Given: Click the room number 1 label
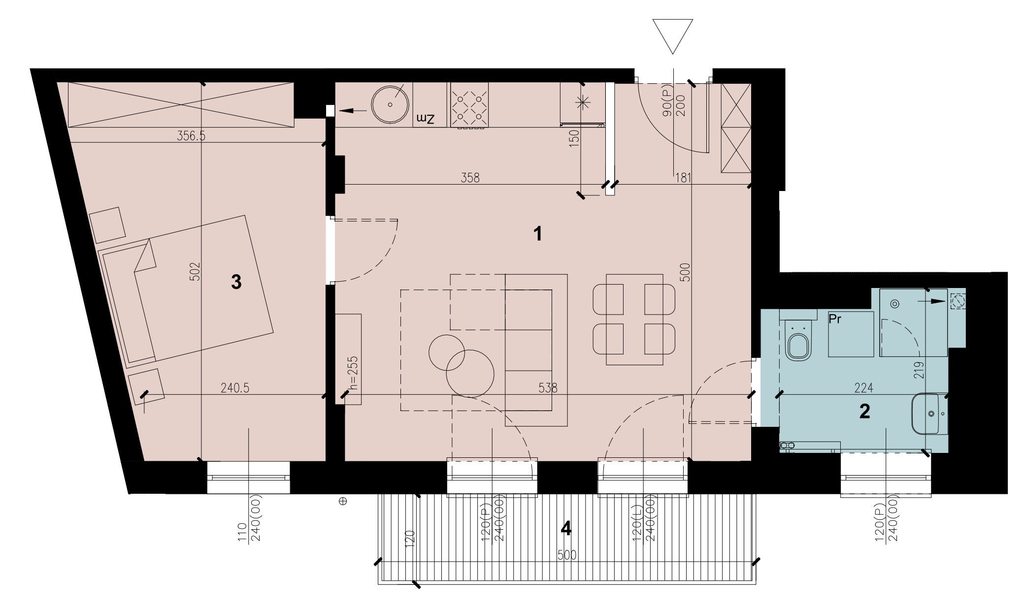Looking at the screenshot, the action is coord(538,233).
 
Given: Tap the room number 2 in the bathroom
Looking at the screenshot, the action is coord(864,411).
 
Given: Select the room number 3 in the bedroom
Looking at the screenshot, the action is coord(236,282).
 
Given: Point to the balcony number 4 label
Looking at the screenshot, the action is coord(566,528).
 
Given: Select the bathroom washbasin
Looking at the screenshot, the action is coord(930,414).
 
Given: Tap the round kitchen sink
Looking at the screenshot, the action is coord(390,104).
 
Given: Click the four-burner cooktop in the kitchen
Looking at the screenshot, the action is coord(469,106).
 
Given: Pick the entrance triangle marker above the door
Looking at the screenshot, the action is coord(672,36).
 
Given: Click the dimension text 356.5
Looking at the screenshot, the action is coord(191,136).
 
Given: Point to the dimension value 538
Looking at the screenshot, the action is coord(548,388).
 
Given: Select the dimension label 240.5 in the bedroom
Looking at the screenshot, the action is coord(235,388).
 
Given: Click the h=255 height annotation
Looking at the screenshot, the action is coord(353,373).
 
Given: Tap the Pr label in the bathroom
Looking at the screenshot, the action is coord(835,319).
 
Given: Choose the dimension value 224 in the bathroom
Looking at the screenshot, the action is coord(864,388).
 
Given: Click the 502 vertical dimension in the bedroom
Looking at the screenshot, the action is coord(195,271).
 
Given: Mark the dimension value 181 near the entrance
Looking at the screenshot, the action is coord(683,178).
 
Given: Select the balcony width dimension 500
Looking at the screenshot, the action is coord(566,555).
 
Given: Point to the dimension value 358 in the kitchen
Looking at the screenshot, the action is coord(470,178).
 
